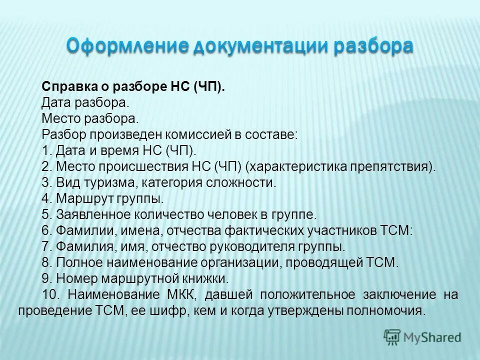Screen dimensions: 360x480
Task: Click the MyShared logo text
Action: pyautogui.click(x=432, y=337)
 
